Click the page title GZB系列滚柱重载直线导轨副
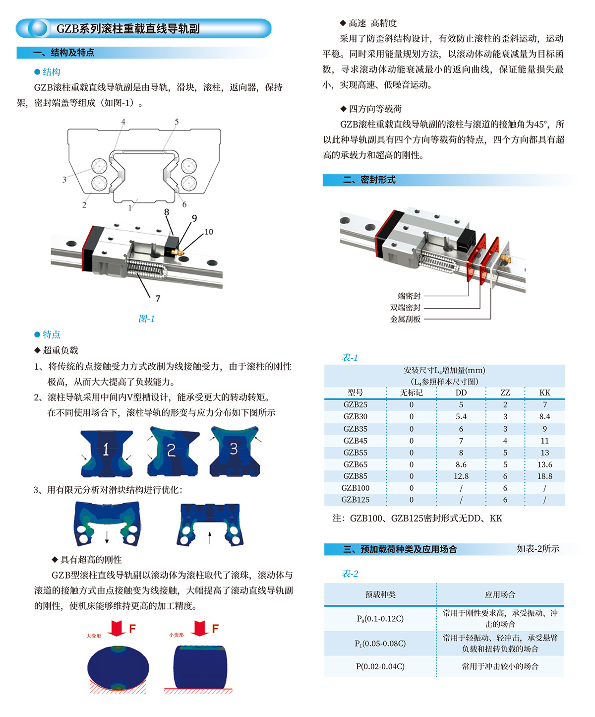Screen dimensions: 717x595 (128, 29)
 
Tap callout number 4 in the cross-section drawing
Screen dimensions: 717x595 (123, 122)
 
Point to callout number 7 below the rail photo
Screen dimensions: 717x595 (158, 298)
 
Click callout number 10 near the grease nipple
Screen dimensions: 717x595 (209, 232)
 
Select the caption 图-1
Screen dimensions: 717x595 (146, 319)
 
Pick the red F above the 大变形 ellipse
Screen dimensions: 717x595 (132, 628)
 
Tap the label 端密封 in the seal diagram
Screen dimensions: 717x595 (409, 296)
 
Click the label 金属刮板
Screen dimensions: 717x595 (405, 319)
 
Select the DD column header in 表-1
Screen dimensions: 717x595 (461, 392)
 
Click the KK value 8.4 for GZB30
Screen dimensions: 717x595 (544, 416)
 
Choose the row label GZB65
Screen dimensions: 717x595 (355, 464)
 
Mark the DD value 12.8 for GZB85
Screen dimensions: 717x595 (461, 476)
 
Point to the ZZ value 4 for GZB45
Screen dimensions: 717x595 (505, 441)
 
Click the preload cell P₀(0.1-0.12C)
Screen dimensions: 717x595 (380, 619)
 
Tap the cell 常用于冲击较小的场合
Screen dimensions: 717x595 (500, 666)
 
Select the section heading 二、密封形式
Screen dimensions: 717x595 (369, 180)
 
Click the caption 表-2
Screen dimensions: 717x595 (350, 574)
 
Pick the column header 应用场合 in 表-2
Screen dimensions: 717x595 (500, 594)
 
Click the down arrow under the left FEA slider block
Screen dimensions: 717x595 (107, 537)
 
